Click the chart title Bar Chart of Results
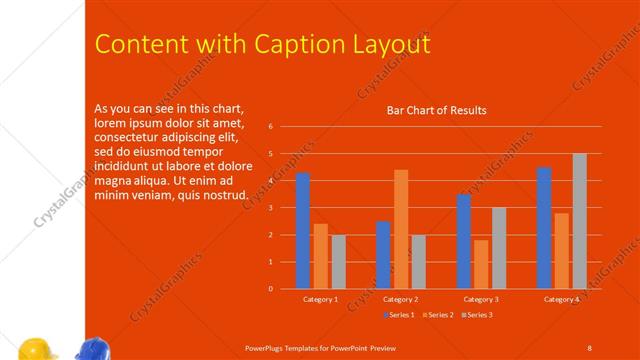pyautogui.click(x=437, y=110)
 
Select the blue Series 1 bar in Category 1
pyautogui.click(x=303, y=231)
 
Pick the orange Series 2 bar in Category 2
pyautogui.click(x=401, y=229)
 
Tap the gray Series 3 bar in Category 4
pyautogui.click(x=579, y=221)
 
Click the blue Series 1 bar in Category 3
pyautogui.click(x=464, y=241)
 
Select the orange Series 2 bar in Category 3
pyautogui.click(x=481, y=264)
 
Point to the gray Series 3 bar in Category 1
pyautogui.click(x=338, y=261)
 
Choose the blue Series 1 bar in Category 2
pyautogui.click(x=383, y=255)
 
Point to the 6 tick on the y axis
pyautogui.click(x=270, y=127)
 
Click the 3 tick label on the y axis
pyautogui.click(x=270, y=208)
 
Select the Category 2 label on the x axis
pyautogui.click(x=400, y=299)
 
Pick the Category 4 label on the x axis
pyautogui.click(x=561, y=299)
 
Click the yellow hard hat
pyautogui.click(x=38, y=350)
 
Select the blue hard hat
pyautogui.click(x=93, y=350)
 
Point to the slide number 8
pyautogui.click(x=589, y=347)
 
